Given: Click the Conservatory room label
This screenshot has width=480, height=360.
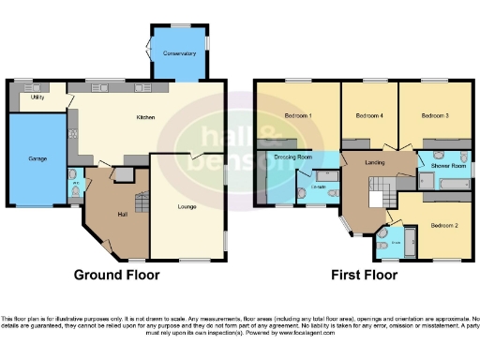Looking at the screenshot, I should pyautogui.click(x=179, y=53).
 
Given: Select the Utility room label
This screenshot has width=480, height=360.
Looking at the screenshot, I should pyautogui.click(x=38, y=97).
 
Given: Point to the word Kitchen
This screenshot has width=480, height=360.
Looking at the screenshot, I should pyautogui.click(x=145, y=117).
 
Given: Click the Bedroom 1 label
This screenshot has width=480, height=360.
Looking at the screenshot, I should pyautogui.click(x=297, y=115).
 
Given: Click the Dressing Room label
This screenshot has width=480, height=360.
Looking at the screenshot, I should pyautogui.click(x=292, y=157).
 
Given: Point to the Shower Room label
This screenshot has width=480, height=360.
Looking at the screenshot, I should pyautogui.click(x=448, y=165).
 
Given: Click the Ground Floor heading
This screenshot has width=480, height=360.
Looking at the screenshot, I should pyautogui.click(x=117, y=276).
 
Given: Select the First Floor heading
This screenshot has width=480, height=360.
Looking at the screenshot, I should pyautogui.click(x=364, y=276).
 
